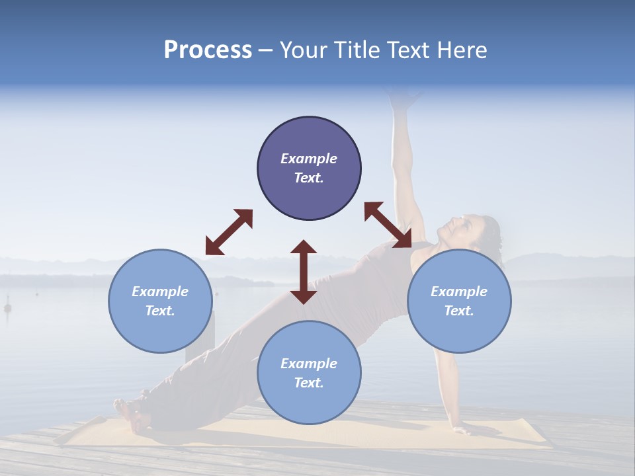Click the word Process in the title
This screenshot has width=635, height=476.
pyautogui.click(x=208, y=50)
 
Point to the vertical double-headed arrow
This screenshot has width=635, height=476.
pyautogui.click(x=304, y=272)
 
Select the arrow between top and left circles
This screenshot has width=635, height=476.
pyautogui.click(x=229, y=232)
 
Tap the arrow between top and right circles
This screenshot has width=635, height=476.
pyautogui.click(x=388, y=225)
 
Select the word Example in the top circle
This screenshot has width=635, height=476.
pyautogui.click(x=309, y=159)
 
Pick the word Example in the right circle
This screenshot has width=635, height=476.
pyautogui.click(x=459, y=292)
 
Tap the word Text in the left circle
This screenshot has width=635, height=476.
pyautogui.click(x=159, y=311)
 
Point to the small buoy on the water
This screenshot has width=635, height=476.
pyautogui.click(x=8, y=307)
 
